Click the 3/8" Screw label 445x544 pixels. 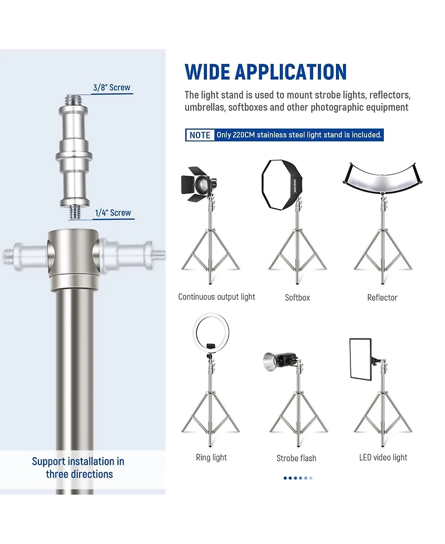[112, 87]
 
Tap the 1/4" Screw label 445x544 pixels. [113, 213]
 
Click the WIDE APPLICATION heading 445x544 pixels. [265, 72]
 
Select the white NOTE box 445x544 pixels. [200, 135]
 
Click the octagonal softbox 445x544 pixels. [282, 184]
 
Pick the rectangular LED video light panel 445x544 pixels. [360, 359]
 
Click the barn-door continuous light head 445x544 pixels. [198, 184]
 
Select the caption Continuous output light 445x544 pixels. [216, 297]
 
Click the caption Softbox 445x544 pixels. [298, 298]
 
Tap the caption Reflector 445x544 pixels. [382, 298]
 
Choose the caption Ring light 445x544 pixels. [211, 458]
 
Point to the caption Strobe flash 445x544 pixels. [296, 458]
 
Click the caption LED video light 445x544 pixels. [383, 458]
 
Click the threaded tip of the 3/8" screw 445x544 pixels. [74, 100]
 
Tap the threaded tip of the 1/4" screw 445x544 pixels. [75, 212]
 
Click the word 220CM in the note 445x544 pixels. [244, 135]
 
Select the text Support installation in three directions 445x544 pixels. [78, 468]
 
